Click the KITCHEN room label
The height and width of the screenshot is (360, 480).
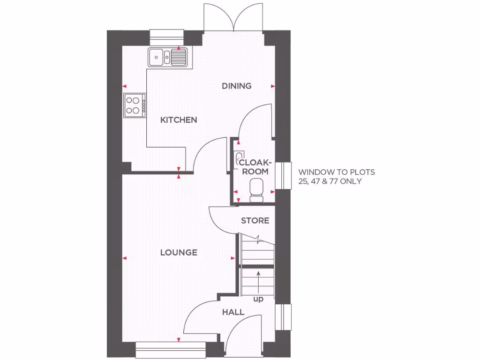click(179, 120)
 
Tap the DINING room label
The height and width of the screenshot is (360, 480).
click(237, 86)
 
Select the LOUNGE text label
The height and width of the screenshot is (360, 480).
click(179, 253)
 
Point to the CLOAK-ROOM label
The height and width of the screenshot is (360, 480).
click(255, 167)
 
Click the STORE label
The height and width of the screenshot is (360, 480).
click(255, 220)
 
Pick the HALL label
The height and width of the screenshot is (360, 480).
click(233, 312)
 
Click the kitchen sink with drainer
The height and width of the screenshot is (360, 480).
click(168, 57)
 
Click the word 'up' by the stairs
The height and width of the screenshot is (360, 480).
click(258, 299)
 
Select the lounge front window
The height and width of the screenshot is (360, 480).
click(171, 350)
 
